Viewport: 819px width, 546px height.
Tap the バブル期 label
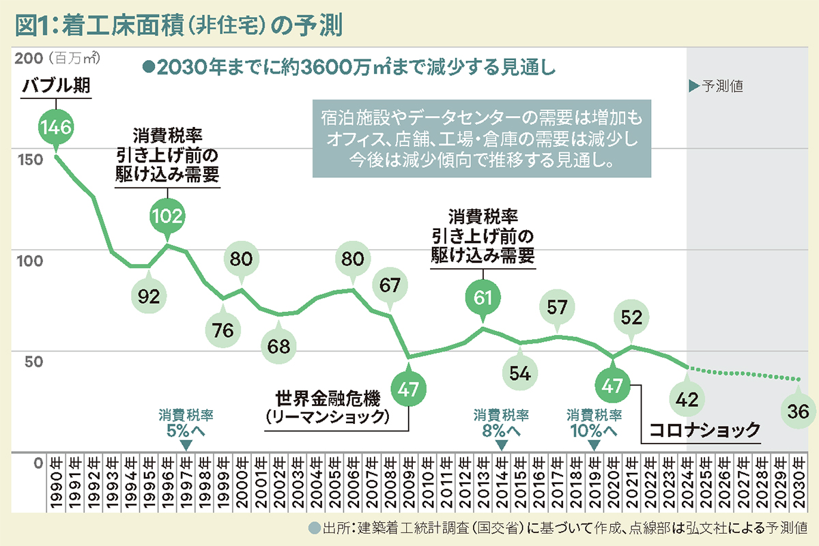coord(56,87)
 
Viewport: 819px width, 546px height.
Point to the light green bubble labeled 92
coord(149,296)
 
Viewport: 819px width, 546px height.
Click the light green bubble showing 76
coord(223,330)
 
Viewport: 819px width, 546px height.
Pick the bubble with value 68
coord(278,345)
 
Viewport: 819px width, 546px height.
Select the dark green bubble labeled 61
coord(483,297)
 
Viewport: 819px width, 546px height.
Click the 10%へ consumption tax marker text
coord(594,431)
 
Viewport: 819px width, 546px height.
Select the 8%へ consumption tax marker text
coord(501,431)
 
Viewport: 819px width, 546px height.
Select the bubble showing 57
coord(557,307)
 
